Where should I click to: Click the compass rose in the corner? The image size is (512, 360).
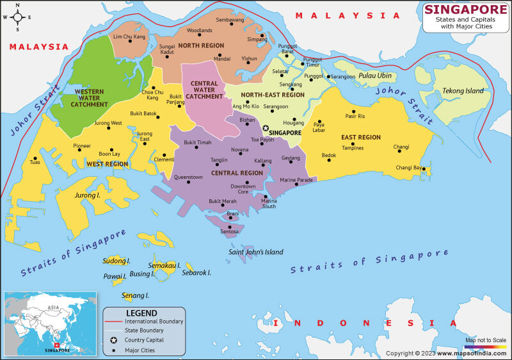click(17, 17)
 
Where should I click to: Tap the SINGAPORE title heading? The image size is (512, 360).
click(464, 10)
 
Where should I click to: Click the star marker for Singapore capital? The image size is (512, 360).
click(266, 128)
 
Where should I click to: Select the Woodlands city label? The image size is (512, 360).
click(199, 30)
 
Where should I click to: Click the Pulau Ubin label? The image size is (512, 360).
click(375, 76)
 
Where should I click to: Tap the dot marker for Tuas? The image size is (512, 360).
click(35, 158)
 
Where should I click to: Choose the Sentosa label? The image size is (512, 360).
click(229, 231)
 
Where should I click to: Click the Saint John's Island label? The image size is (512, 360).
click(256, 252)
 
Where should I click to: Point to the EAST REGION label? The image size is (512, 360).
click(361, 137)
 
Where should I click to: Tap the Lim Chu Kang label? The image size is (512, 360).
click(129, 37)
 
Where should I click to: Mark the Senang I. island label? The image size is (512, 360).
click(135, 295)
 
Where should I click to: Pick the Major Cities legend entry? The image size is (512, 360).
click(140, 350)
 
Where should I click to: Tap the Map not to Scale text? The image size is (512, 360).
click(485, 340)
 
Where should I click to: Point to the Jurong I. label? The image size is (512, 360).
click(88, 195)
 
